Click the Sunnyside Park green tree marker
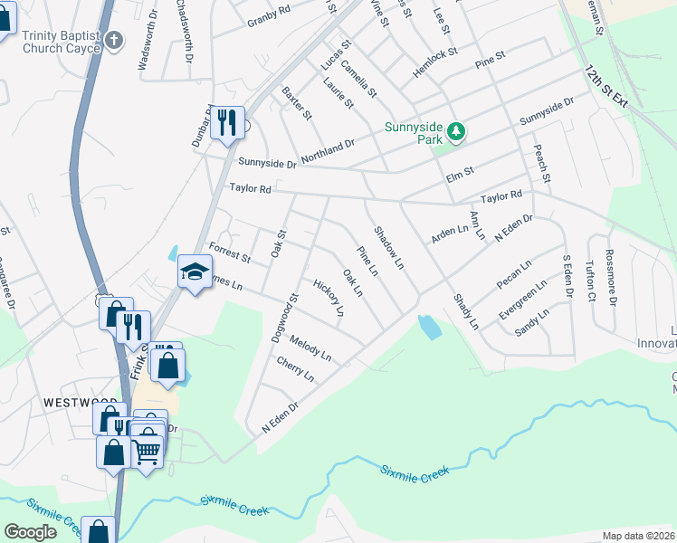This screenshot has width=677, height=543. coord(457,132)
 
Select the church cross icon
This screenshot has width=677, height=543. coord(113,40)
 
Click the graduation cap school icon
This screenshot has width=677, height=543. coord(194,273)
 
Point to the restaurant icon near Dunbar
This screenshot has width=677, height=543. coord(227,122)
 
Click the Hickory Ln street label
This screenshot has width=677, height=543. coord(329,297)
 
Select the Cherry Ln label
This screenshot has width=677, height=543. coord(296,369)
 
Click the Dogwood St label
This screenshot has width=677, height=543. coord(283,317)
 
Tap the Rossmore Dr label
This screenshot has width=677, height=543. coord(609,277)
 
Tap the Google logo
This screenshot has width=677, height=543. coord(30,532)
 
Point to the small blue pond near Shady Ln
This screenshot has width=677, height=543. coord(429,326)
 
